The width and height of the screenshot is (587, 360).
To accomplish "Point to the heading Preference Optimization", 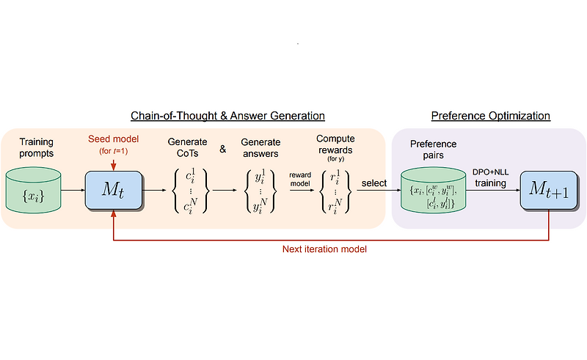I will [x=490, y=116].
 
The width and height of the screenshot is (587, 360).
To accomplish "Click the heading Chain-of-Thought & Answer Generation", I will [x=227, y=116].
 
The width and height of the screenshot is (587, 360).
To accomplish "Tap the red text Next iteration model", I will [x=325, y=249].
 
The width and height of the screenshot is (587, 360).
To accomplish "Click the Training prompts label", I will [x=36, y=147].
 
